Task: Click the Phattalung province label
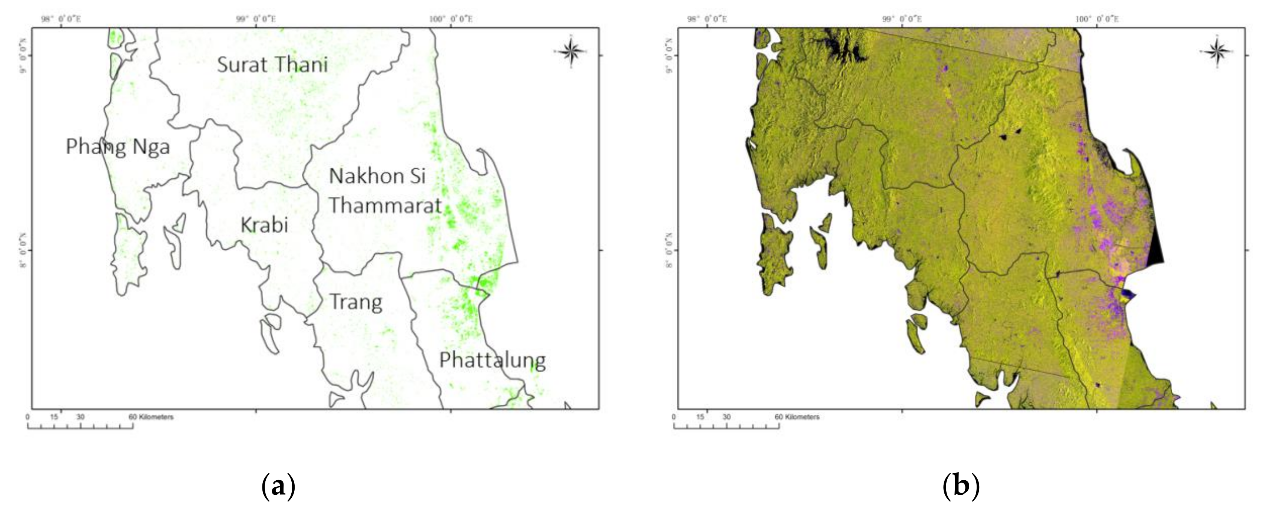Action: tap(492, 361)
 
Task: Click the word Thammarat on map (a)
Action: tap(385, 205)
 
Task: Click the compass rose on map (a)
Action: tap(571, 51)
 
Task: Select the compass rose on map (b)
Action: tap(1217, 51)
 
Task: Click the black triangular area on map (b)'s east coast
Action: tap(1155, 253)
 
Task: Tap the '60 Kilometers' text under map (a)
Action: tap(151, 417)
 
